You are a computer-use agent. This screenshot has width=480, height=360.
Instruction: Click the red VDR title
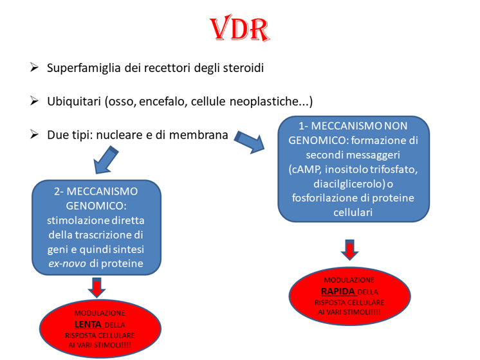[239, 30]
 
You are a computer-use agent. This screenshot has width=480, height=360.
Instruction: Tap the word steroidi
[241, 67]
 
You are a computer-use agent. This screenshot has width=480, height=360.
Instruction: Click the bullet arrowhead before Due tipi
[35, 135]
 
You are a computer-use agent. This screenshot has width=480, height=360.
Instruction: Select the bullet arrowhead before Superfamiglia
[35, 67]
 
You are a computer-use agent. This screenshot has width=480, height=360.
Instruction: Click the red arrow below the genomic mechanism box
[97, 287]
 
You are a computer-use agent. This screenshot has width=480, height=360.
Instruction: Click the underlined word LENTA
[88, 324]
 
